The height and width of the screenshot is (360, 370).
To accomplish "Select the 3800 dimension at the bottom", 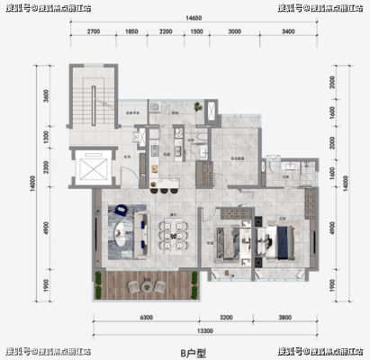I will point(287,318).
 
